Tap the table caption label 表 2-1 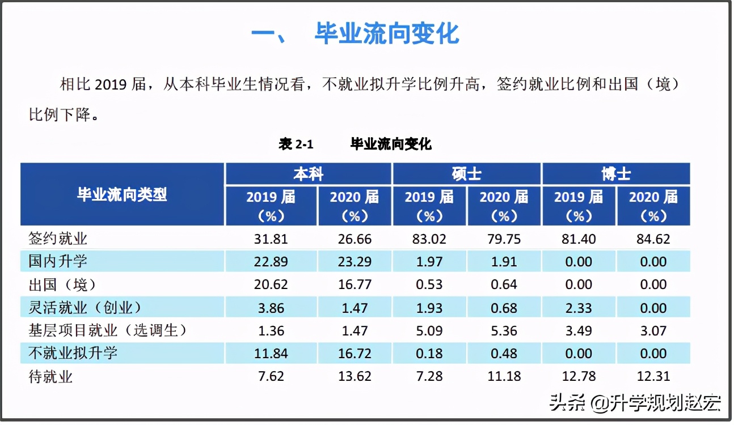(x=296, y=144)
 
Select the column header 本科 (x=309, y=174)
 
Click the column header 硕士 (x=466, y=174)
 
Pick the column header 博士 (x=616, y=174)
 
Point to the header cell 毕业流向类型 (x=123, y=194)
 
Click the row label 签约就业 (x=58, y=239)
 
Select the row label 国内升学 (x=58, y=262)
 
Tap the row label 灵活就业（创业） (x=85, y=308)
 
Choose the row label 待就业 (x=50, y=376)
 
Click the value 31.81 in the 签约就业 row (x=272, y=239)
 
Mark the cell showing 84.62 (x=653, y=239)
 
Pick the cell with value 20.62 (x=272, y=284)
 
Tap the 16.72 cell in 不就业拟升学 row (x=355, y=354)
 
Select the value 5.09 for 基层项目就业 (x=429, y=330)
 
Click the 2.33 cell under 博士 (x=579, y=308)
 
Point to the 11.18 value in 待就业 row (x=504, y=376)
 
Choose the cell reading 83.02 (x=429, y=239)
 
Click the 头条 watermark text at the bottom (x=567, y=403)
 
